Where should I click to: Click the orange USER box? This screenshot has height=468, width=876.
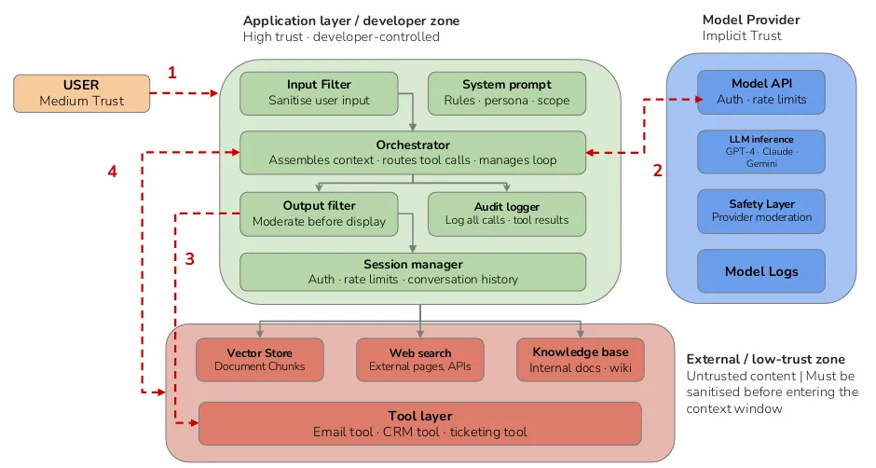82,93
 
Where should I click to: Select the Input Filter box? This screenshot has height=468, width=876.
319,93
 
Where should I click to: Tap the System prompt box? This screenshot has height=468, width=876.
507,93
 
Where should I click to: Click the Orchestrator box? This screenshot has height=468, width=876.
413,153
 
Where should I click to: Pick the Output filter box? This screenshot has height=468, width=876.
319,213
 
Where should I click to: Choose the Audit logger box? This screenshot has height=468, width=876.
507,213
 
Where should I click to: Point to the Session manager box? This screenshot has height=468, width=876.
413,271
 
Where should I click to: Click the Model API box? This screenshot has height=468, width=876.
761,91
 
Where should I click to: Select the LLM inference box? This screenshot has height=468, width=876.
761,152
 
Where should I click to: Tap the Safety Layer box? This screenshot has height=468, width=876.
761,212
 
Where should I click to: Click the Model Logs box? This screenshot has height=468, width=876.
761,271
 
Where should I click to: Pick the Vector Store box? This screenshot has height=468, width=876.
260,360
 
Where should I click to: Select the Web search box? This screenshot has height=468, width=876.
420,360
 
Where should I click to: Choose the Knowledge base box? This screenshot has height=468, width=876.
581,360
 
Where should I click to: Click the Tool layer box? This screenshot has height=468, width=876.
420,424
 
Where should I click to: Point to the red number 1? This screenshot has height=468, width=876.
172,73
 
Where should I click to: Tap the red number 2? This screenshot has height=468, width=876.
658,171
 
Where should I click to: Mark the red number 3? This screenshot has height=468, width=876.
190,259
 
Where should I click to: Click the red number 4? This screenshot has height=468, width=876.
112,172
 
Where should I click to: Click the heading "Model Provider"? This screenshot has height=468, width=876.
751,21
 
